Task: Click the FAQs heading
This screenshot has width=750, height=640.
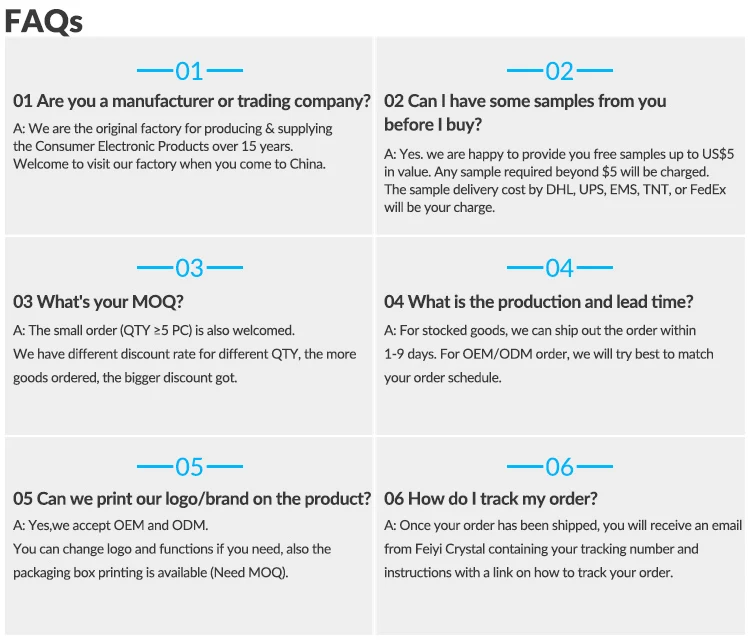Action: [x=43, y=20]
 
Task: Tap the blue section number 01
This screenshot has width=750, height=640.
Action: [x=189, y=71]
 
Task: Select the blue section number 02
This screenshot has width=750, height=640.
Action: [x=560, y=71]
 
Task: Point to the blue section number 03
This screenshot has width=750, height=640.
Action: [x=189, y=268]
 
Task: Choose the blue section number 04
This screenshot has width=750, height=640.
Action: [x=560, y=268]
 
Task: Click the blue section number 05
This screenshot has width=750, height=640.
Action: [x=189, y=467]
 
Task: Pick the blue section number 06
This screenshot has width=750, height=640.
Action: [x=560, y=467]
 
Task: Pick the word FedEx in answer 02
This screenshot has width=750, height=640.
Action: [x=707, y=189]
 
